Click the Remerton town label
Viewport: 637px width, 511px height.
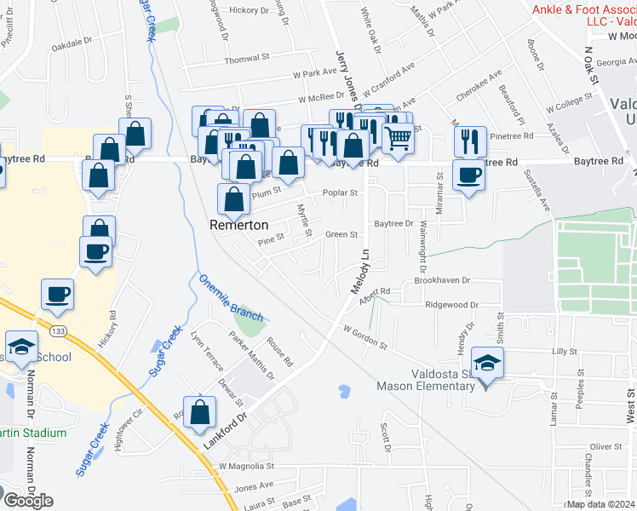click(239, 225)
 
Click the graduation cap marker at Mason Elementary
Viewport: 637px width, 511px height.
click(488, 362)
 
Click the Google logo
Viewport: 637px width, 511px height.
click(27, 500)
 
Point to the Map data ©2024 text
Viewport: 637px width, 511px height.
click(601, 504)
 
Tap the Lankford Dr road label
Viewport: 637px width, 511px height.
click(224, 432)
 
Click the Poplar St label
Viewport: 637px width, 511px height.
click(340, 192)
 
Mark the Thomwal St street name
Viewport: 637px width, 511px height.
click(246, 60)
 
